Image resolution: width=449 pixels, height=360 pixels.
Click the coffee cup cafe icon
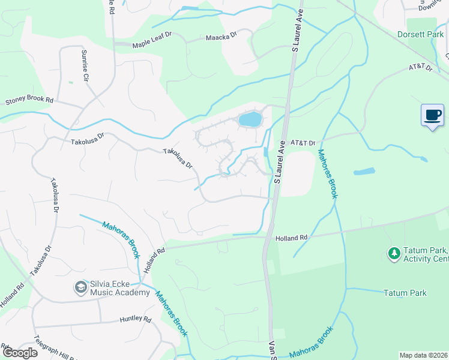[432, 116]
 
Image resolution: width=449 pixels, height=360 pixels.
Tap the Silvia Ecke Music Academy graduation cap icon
[80, 287]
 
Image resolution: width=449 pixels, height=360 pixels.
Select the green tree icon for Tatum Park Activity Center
[394, 254]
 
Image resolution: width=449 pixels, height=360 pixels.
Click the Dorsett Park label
[420, 35]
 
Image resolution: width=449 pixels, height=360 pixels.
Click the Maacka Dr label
[221, 35]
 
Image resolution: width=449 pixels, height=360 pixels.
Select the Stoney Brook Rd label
[29, 101]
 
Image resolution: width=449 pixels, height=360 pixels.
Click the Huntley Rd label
[135, 319]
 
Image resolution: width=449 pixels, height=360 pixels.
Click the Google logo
[19, 352]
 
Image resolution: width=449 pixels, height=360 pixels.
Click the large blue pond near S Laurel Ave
[250, 119]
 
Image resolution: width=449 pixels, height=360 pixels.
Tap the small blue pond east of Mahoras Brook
[364, 172]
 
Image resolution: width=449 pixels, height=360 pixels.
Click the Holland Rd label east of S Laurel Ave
[291, 238]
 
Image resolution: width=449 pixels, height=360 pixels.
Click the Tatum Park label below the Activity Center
[405, 293]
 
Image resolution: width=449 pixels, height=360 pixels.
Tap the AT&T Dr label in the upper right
[420, 68]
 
